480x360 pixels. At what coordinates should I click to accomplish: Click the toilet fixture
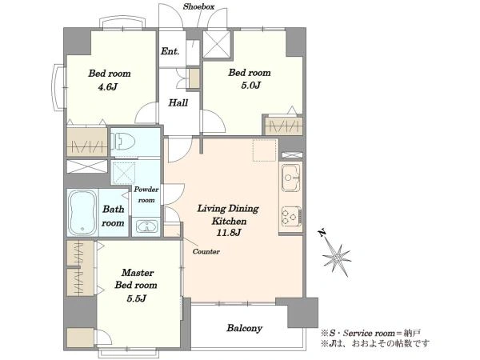coord(122,142)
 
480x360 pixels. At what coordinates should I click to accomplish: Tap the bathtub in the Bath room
coord(82,213)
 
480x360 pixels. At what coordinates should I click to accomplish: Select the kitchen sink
coord(291,178)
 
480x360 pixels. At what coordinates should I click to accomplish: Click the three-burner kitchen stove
coord(291,217)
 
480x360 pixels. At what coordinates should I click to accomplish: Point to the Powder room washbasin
coord(147,226)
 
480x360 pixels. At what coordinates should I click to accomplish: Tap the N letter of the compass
coord(322,234)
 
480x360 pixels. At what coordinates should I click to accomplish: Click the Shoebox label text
coord(198,6)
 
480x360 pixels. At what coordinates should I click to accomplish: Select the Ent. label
coord(170,51)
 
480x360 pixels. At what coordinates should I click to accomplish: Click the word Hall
coord(178,102)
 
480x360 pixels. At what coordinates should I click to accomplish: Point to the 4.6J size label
coord(107,87)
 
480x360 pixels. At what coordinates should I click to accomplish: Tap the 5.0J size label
coord(250,85)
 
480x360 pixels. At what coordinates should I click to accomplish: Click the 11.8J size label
coord(229,233)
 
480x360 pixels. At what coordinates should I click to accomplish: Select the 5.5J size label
coord(136,298)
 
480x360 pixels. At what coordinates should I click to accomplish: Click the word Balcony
coord(245,328)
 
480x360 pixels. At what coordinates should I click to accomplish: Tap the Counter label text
coord(206,252)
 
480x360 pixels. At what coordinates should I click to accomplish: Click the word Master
coord(138,273)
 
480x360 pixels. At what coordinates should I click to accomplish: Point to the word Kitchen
coord(230,221)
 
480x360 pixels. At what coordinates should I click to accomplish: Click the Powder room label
coord(146,194)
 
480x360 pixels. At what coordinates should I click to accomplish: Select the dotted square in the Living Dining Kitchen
coord(265,150)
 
